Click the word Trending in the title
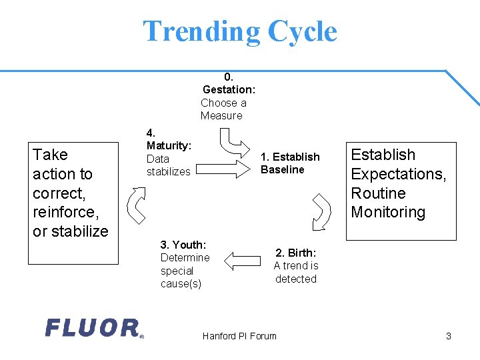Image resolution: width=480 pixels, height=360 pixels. [201, 31]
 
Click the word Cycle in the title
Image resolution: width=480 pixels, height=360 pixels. [302, 31]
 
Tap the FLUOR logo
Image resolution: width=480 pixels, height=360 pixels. [93, 327]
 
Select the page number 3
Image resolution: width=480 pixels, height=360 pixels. [449, 336]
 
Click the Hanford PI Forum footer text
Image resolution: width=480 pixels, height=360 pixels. [239, 336]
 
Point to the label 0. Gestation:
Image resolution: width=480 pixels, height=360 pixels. [229, 83]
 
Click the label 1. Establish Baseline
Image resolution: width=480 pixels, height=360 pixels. [290, 163]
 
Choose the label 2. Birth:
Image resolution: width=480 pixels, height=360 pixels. [296, 253]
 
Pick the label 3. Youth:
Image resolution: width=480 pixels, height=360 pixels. [183, 245]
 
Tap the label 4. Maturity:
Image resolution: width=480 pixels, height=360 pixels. [169, 139]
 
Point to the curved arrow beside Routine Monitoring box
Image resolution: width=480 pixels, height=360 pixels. [323, 210]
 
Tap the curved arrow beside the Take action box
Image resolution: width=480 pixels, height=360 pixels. [136, 205]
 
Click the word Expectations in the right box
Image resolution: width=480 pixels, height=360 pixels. [398, 174]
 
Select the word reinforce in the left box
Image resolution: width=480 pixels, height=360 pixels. [69, 212]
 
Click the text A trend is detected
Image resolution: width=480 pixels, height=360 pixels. [296, 272]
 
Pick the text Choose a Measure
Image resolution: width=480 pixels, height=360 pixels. [223, 109]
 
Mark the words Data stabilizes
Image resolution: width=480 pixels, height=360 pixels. [168, 165]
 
